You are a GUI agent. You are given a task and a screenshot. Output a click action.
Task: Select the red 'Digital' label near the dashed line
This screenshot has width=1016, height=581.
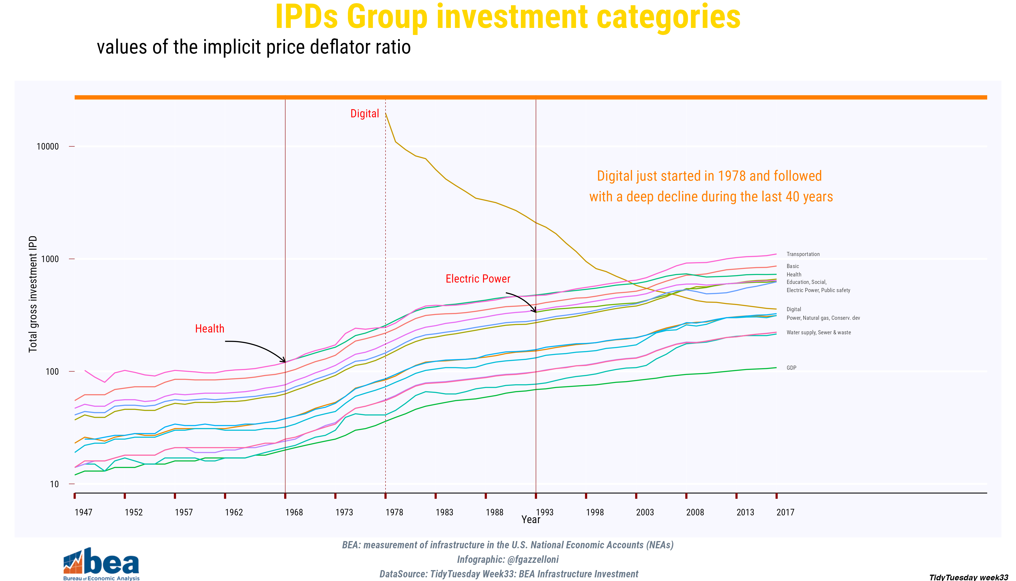click(364, 114)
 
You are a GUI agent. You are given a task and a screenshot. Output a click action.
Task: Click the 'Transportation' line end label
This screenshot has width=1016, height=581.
click(803, 254)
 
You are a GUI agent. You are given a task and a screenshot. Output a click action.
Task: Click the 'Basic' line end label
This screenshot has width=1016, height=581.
click(792, 266)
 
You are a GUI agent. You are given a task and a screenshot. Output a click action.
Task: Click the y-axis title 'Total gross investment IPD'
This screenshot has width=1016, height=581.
click(33, 294)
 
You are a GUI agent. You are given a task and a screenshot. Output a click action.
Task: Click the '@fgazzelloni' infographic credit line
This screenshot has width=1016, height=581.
click(508, 559)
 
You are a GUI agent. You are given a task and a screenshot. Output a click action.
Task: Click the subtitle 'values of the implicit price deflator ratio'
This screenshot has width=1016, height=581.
click(254, 47)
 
